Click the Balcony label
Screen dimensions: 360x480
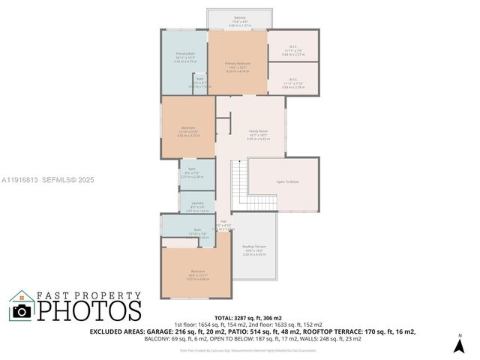[x=239, y=17]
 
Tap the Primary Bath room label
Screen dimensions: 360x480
[x=184, y=54]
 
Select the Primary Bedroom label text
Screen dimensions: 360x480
[x=238, y=63]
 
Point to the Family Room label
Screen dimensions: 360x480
[x=258, y=131]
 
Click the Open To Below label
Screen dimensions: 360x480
[x=287, y=181]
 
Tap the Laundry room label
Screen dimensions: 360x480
[x=197, y=203]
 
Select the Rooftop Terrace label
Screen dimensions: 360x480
[x=255, y=247]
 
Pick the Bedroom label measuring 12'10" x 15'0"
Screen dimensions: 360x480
[x=188, y=127]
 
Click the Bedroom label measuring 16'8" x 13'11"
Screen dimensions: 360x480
[x=198, y=271]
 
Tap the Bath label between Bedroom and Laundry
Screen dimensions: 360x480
[x=193, y=169]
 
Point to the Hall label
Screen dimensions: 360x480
[x=223, y=220]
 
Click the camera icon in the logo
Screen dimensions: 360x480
[x=22, y=309]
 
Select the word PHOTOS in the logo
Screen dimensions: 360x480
[x=90, y=309]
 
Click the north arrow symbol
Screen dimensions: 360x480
[x=460, y=345]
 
